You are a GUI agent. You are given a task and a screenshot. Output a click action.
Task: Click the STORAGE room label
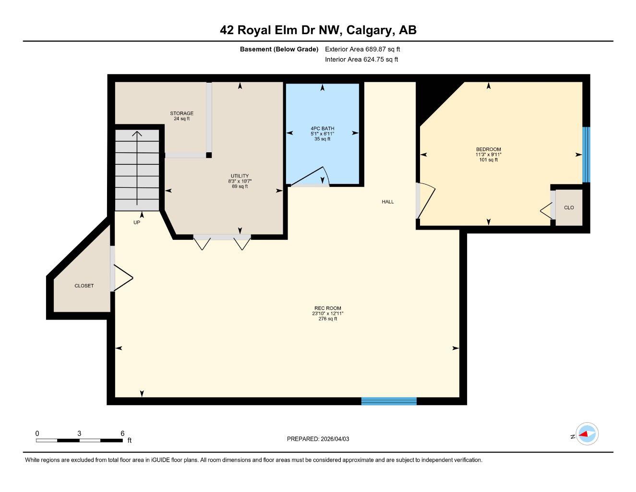181,113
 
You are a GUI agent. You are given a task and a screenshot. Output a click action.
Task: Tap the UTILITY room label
240,176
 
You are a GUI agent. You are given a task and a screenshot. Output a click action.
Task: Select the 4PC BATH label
322,128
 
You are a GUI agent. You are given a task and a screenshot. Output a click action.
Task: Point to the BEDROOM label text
488,149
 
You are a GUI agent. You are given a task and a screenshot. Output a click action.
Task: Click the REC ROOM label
327,308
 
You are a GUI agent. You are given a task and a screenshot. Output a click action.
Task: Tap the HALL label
388,202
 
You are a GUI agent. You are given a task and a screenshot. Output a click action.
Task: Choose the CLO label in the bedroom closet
569,208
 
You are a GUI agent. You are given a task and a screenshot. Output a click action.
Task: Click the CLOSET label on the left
84,286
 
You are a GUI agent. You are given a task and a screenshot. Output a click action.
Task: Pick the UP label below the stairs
137,222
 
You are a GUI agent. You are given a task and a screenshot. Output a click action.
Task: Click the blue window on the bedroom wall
586,155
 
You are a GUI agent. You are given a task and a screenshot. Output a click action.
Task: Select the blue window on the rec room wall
389,401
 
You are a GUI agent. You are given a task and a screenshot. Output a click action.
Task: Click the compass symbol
587,434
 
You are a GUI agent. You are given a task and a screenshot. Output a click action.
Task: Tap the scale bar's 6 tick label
122,433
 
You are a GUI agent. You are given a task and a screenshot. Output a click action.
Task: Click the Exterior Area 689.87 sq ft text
362,49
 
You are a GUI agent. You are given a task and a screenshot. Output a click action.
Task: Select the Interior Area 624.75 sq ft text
361,60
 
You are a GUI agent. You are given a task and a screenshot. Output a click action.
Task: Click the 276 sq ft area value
328,319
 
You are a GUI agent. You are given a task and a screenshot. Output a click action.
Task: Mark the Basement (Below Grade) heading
279,49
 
